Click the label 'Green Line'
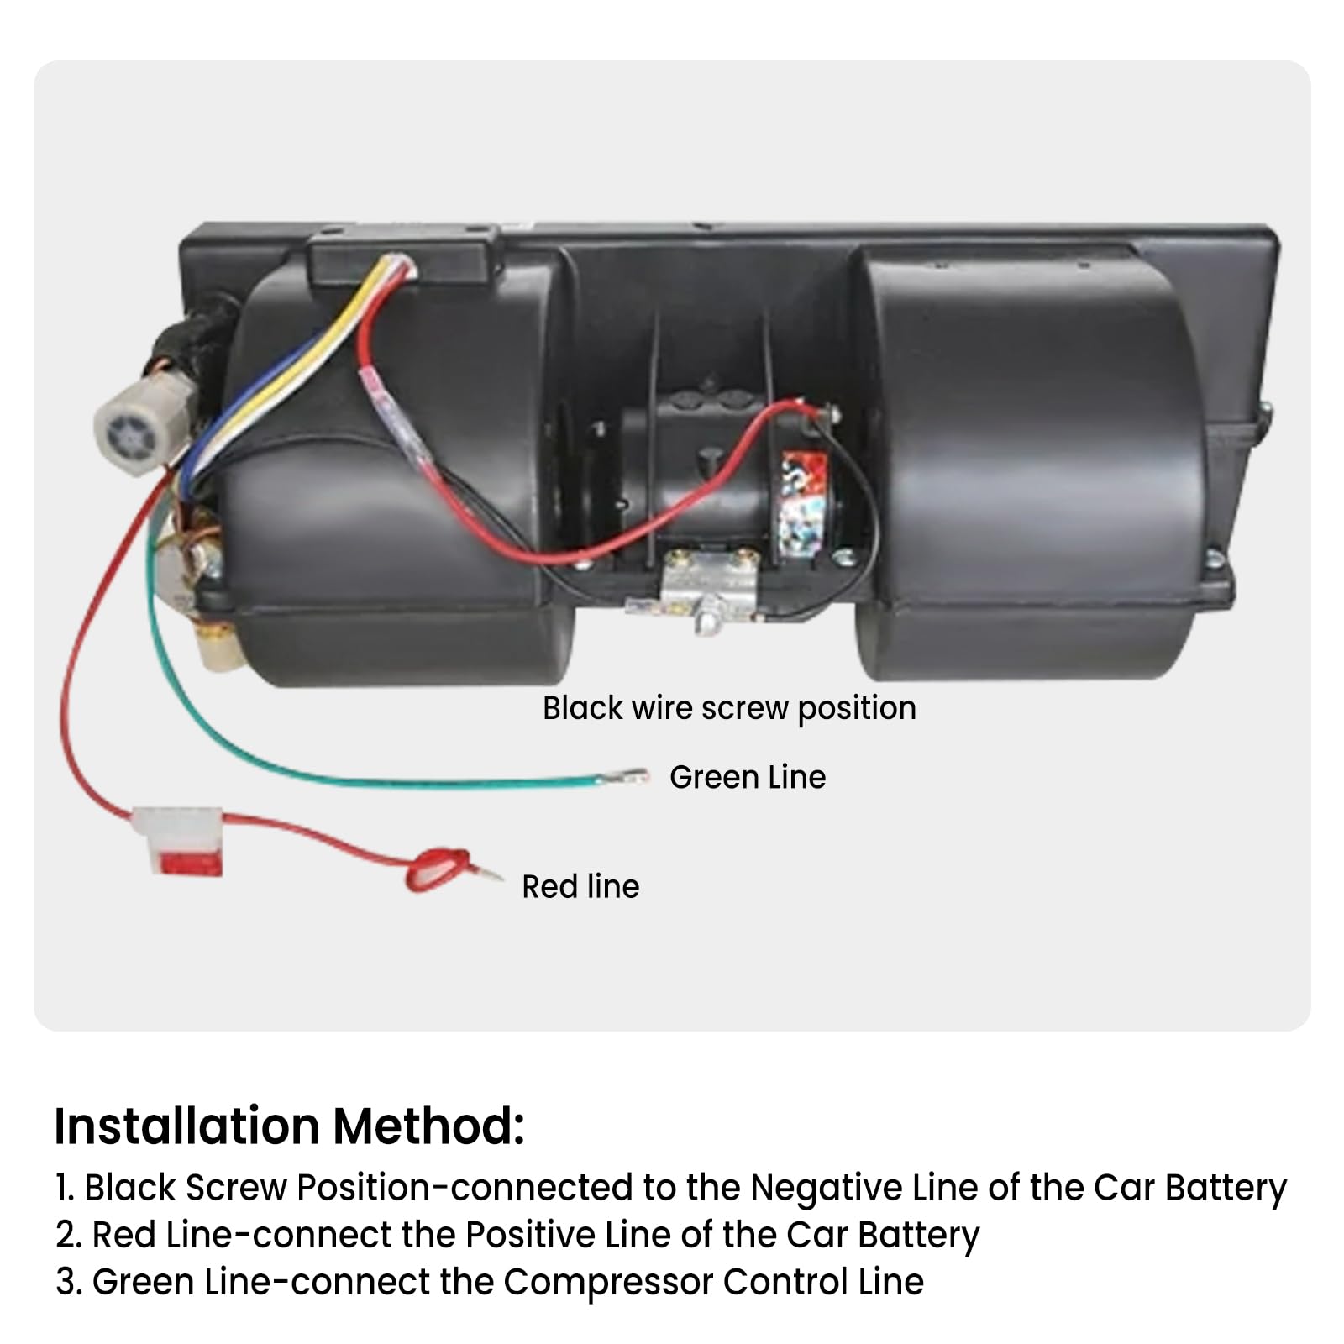[x=747, y=778]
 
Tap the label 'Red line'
[x=580, y=887]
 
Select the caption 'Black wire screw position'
[x=729, y=708]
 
